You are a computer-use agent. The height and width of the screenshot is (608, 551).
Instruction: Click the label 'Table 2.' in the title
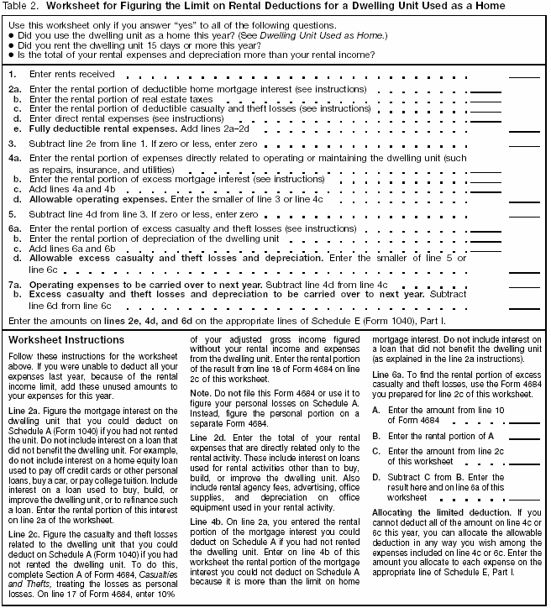[20, 7]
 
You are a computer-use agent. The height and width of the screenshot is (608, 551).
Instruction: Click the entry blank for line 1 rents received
[524, 76]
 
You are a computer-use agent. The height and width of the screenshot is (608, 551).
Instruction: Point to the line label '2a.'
[14, 89]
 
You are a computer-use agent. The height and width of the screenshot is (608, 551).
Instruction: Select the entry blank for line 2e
[524, 131]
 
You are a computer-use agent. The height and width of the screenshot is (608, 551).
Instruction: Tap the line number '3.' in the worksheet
[13, 144]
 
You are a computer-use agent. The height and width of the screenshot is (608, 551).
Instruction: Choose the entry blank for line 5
[524, 216]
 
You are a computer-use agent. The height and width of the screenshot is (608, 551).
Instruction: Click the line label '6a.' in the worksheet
[14, 228]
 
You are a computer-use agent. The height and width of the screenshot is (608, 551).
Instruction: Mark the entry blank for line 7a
[524, 286]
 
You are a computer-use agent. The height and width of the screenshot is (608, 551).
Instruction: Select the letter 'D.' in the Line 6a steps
[376, 477]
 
